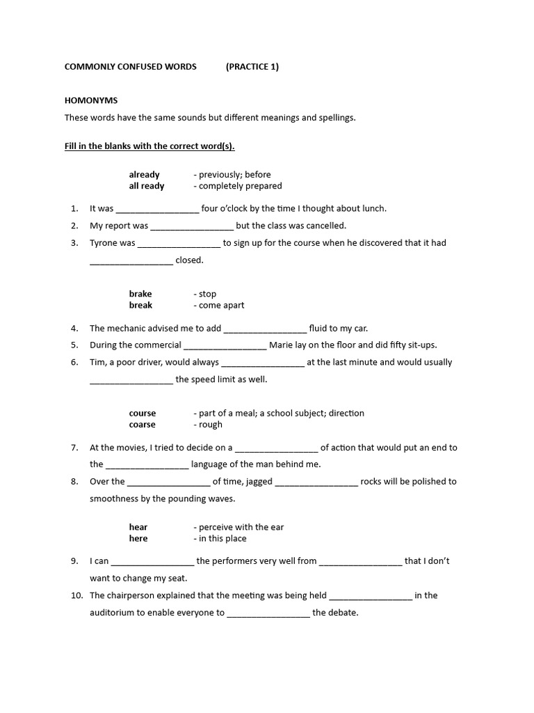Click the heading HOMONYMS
click(x=87, y=100)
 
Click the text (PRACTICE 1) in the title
click(x=252, y=67)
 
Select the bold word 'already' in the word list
click(x=144, y=174)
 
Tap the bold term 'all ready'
click(x=147, y=186)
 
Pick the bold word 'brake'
click(x=140, y=294)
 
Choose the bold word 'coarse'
click(x=142, y=425)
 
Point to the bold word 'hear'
click(x=138, y=527)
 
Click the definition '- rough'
click(x=208, y=425)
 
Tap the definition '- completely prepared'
click(x=237, y=186)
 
